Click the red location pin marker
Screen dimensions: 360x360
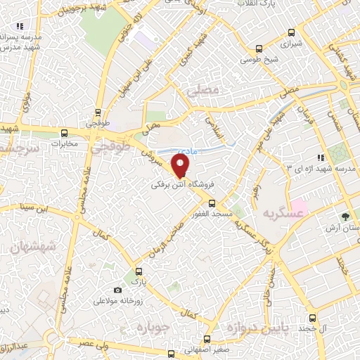pos(181,165)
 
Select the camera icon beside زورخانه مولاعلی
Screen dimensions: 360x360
pos(117,290)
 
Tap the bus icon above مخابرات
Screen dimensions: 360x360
pos(65,132)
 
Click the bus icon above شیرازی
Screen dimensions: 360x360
pos(259,49)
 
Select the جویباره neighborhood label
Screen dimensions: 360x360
pos(153,328)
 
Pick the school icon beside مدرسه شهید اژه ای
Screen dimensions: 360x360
pos(320,157)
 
